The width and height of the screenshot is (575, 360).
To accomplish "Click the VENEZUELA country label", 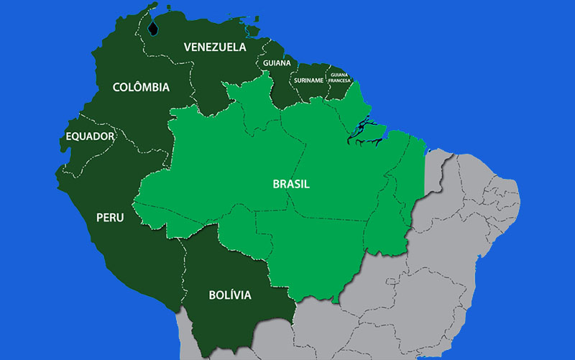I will (214, 47).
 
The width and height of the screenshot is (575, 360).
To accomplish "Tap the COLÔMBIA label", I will (141, 88).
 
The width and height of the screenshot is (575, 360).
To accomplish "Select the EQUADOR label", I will (90, 137).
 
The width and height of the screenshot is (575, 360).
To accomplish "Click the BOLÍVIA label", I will (229, 295).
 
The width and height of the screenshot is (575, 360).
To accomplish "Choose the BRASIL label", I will (291, 184).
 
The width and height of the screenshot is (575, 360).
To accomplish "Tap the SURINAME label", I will (308, 80).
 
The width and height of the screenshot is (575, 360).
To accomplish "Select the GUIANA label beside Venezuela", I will (276, 63).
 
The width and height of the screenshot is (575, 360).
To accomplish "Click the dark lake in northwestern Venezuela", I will (152, 29).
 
